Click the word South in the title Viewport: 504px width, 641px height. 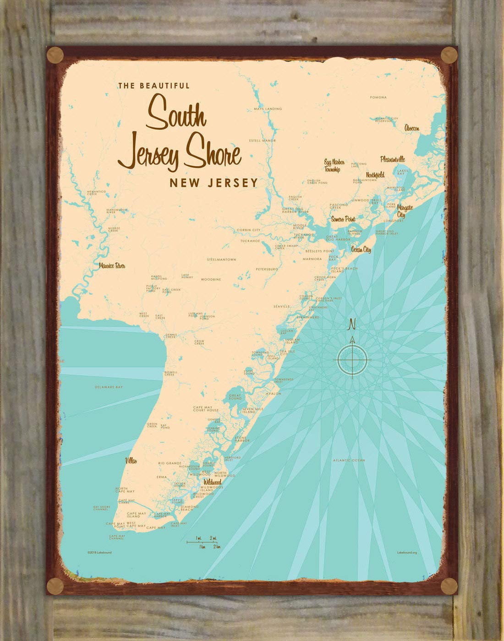tap(176, 113)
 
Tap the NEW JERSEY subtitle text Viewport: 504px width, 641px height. tap(214, 183)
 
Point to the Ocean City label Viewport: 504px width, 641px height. tap(361, 250)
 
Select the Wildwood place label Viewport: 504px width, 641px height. tap(212, 482)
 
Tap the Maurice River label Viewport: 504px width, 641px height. tap(112, 266)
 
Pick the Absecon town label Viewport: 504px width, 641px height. tap(411, 129)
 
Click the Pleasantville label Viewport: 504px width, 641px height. tap(392, 159)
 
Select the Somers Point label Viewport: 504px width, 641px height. tap(343, 219)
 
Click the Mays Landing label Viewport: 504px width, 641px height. tap(268, 109)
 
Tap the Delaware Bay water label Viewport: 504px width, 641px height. tap(109, 387)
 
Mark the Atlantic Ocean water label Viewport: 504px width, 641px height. tap(349, 460)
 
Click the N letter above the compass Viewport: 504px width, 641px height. tap(352, 324)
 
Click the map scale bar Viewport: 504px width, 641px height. tap(204, 542)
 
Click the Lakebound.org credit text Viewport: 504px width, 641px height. tap(406, 553)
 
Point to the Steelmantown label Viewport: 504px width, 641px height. tap(221, 260)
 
